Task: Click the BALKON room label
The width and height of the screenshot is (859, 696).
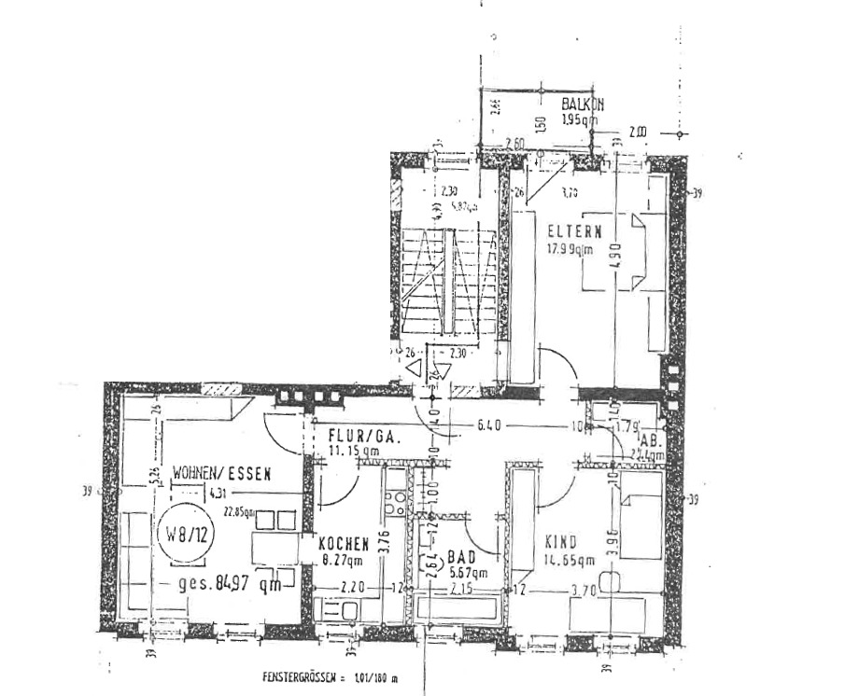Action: [583, 105]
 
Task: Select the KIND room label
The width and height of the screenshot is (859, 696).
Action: [560, 542]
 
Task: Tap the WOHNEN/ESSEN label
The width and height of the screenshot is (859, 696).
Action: [222, 473]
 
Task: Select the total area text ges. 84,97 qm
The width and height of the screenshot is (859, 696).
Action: [230, 585]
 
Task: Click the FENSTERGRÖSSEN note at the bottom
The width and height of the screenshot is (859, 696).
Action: [330, 678]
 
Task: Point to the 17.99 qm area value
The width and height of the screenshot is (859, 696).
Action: [570, 248]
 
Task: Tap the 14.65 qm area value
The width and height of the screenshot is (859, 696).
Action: [570, 560]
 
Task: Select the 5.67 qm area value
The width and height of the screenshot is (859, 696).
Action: [467, 573]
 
